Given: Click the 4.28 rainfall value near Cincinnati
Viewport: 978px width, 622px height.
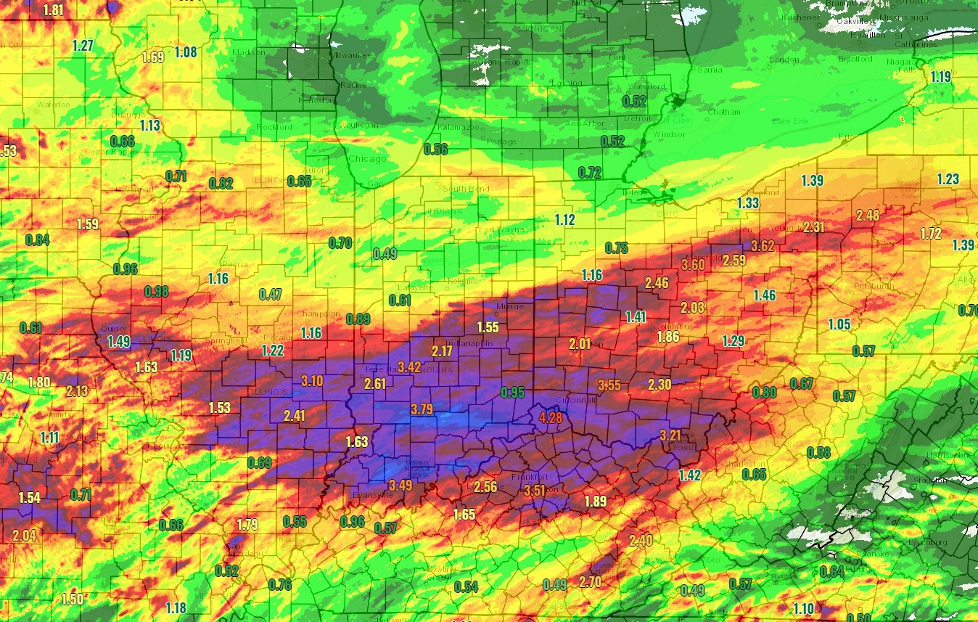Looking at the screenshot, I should pos(551,418).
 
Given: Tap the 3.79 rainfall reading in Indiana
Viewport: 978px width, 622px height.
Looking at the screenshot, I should pos(422,409).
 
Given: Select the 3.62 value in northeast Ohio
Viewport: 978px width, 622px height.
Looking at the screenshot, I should pos(763,246).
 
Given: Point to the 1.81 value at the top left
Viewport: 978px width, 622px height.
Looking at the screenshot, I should pos(53,10).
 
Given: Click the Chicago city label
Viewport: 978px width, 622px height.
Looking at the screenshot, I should pos(367,159).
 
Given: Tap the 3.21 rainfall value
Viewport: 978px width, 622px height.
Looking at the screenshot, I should pos(671,435).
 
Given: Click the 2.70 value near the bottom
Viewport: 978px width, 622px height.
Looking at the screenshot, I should pos(590,582).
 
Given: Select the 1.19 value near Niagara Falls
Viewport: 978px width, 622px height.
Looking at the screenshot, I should pos(940,77).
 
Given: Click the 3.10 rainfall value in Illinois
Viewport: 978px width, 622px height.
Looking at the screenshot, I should pos(312,380).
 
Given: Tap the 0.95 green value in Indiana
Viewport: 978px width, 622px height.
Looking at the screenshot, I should pos(513,393).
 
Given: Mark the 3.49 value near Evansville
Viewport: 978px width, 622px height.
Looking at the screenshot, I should pos(400,485).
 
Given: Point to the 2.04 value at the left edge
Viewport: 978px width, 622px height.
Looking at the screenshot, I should pos(24,536).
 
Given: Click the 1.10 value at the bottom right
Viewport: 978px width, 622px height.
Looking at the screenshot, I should pos(803,608).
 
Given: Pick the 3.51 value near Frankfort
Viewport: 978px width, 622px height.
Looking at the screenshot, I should pos(534,491).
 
